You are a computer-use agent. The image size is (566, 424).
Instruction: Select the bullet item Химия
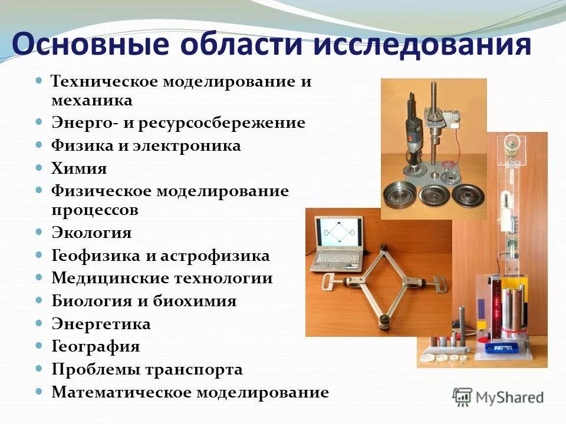[79, 169]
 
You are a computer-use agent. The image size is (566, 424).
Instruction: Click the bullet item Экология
[91, 233]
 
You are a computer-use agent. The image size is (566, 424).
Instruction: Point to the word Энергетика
[101, 324]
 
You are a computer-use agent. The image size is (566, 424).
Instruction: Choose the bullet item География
[96, 346]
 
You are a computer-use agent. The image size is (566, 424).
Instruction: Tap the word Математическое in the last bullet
[120, 392]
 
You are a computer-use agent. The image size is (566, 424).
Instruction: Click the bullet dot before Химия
[40, 168]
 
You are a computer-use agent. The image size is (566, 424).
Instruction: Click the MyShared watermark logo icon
[462, 396]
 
